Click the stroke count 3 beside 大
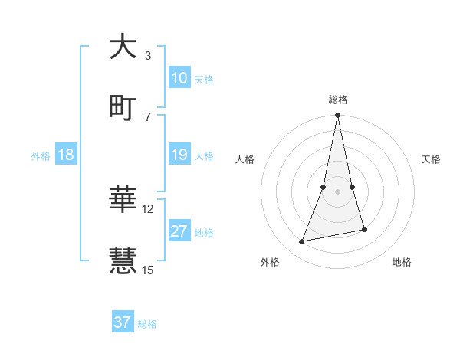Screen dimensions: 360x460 (x=147, y=56)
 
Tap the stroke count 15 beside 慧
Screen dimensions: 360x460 (x=148, y=270)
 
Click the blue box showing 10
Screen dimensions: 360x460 (x=179, y=78)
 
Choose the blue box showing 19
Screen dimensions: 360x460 (x=179, y=155)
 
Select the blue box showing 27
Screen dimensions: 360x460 (x=179, y=231)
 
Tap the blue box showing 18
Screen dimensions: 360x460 (x=66, y=155)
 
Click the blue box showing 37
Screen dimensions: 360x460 (x=123, y=322)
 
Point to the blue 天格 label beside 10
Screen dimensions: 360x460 (x=204, y=80)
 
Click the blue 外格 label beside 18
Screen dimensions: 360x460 (x=41, y=156)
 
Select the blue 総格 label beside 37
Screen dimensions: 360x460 (x=147, y=324)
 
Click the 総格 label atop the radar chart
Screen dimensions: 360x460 (x=337, y=100)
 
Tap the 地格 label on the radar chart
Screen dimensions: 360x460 (x=402, y=262)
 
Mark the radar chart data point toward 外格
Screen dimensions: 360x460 (x=302, y=241)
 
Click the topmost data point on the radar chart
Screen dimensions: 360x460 (x=337, y=116)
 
